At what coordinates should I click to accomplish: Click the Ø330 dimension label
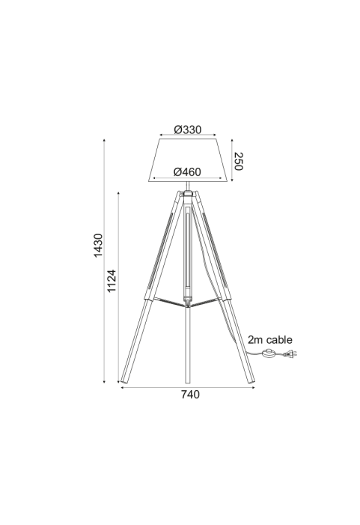[188, 130]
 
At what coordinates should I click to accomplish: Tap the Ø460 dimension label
[187, 172]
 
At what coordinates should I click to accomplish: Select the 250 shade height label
[238, 161]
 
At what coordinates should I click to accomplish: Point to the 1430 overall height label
[98, 246]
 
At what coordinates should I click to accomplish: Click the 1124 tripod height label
[112, 281]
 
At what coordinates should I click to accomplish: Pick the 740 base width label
[190, 395]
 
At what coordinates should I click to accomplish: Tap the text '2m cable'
[270, 339]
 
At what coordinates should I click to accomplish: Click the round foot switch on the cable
[269, 353]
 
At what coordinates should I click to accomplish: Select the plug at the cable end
[290, 353]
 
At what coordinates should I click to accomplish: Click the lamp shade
[188, 160]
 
